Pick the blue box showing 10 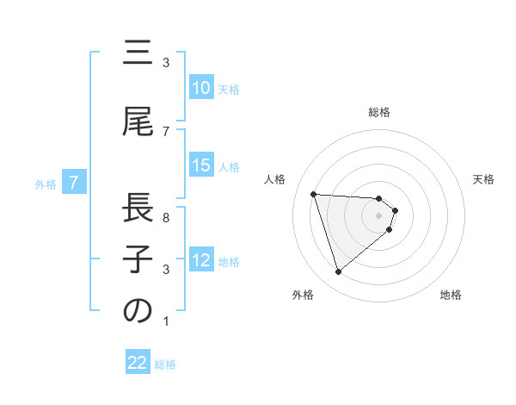[201, 88]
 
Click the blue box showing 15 [201, 166]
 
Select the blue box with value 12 [201, 261]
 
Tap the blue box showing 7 [75, 183]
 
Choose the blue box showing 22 [138, 364]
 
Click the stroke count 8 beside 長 [166, 218]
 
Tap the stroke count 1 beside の [166, 322]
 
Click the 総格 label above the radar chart [379, 112]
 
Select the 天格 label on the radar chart [484, 179]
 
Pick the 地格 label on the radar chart [451, 295]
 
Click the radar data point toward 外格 [339, 272]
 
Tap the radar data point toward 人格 [314, 194]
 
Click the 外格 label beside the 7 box [46, 184]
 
